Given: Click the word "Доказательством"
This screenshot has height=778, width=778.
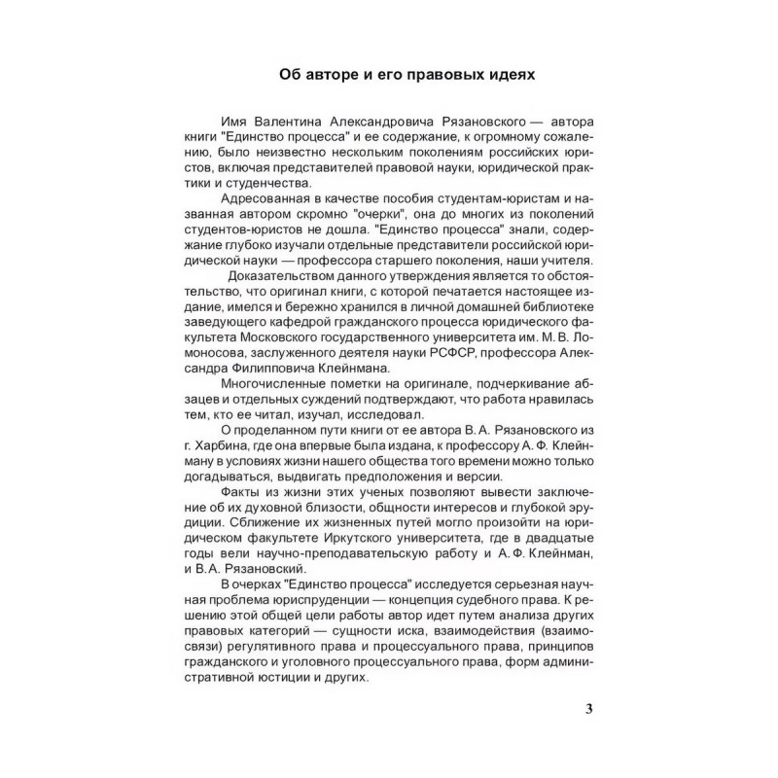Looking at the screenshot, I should (282, 275).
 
